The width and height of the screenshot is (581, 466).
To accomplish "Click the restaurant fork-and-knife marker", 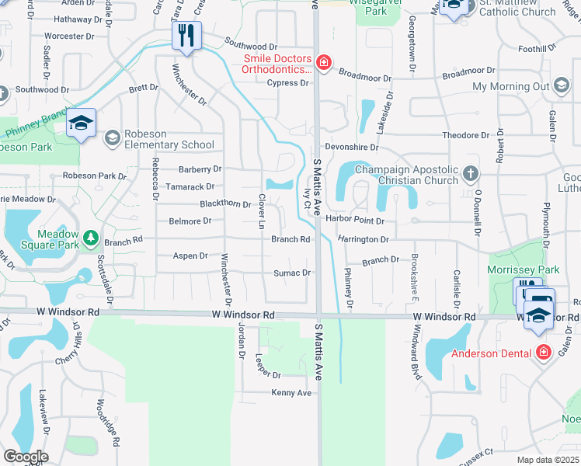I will click(186, 36).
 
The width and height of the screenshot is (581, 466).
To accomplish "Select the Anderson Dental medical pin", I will click(543, 353).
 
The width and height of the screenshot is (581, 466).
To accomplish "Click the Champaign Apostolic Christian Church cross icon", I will click(470, 172).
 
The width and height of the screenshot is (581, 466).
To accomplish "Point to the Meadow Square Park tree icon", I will click(91, 236).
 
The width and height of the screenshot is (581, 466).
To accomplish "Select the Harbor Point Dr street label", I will click(360, 221).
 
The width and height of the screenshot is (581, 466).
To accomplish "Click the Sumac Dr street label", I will click(293, 273).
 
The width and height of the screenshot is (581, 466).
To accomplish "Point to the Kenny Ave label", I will click(291, 393).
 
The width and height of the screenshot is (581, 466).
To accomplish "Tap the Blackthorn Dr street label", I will click(225, 204).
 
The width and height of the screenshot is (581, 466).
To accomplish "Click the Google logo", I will click(26, 456).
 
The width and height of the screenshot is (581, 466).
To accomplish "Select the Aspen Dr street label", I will click(190, 256).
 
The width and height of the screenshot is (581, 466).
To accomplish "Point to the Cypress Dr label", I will click(287, 83).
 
